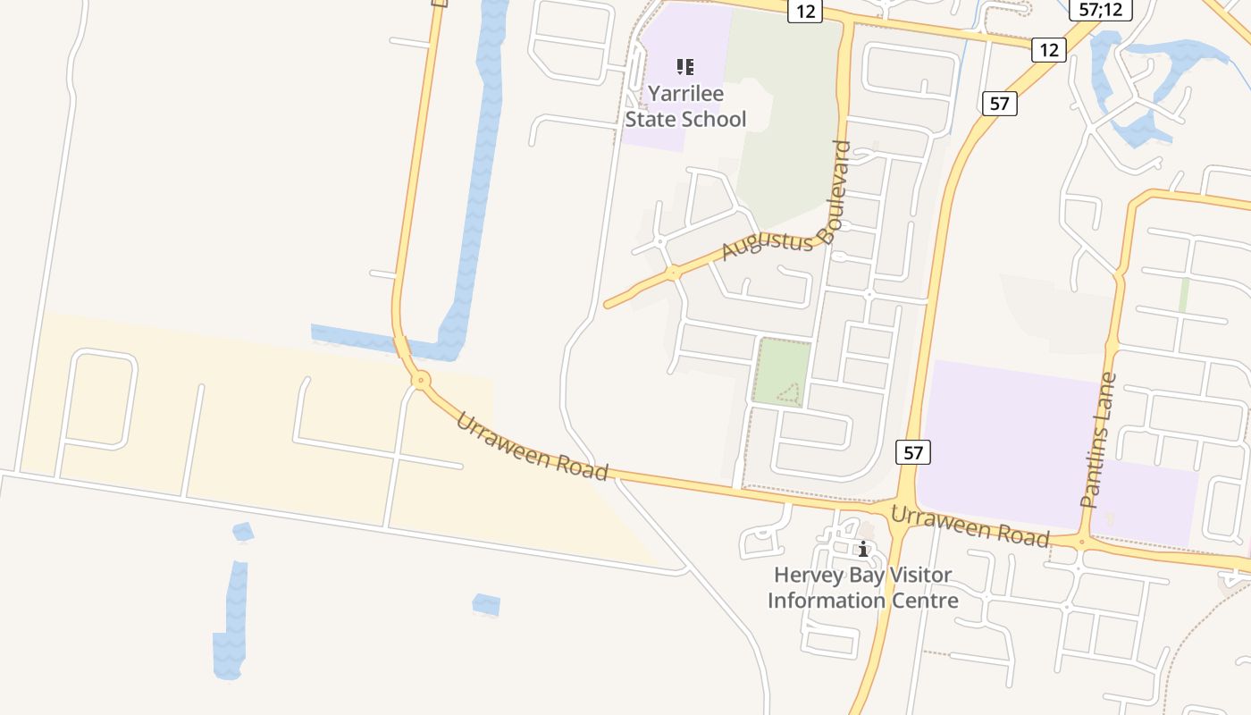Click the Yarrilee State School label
[x=685, y=105]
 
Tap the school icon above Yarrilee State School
[x=685, y=66]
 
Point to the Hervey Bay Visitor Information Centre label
[x=862, y=587]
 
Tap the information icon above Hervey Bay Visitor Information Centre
[x=863, y=549]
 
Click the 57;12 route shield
[x=1101, y=10]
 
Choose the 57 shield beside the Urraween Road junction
[x=912, y=452]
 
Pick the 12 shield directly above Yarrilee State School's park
[x=804, y=11]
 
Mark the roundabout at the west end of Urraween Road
[x=420, y=381]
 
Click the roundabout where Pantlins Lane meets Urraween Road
[x=1082, y=542]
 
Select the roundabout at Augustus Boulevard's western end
[x=674, y=273]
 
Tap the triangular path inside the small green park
[x=788, y=392]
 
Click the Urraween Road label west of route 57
[x=532, y=447]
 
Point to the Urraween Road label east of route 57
[x=970, y=526]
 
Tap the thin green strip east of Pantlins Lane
[x=1184, y=295]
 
